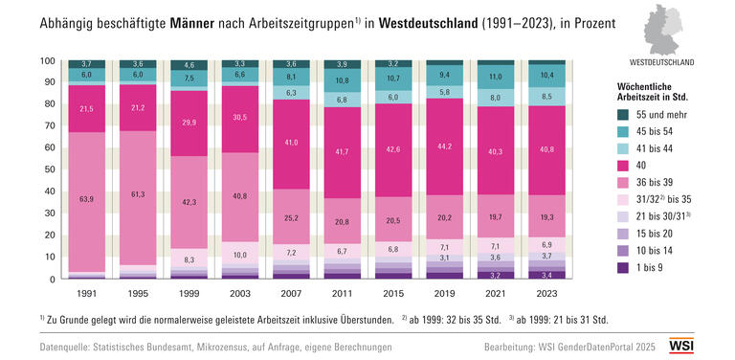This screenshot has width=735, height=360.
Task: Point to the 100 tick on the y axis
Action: pos(47,61)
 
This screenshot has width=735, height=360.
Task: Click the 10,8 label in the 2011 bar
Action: pos(341,80)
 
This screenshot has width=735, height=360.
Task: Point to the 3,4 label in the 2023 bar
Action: pos(547,275)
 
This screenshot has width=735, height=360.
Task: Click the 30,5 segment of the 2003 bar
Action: pos(239,118)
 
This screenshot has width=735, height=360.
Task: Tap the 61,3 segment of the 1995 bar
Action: pos(138,195)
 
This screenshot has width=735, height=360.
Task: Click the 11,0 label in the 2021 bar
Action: pos(496,77)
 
